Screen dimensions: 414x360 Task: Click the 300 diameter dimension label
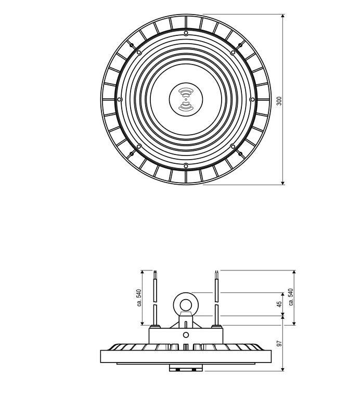[x=279, y=101]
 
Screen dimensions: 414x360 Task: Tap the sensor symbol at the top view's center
[x=186, y=99]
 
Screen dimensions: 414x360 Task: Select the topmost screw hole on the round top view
[x=186, y=33]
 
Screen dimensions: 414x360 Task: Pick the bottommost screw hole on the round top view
[x=186, y=165]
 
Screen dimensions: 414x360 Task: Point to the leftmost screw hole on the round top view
[x=120, y=99]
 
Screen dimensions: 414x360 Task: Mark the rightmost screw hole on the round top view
[x=252, y=99]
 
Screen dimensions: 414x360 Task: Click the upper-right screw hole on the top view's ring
[x=233, y=53]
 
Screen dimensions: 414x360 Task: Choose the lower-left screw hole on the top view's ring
[x=139, y=146]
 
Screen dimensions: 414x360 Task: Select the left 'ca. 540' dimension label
[x=138, y=298]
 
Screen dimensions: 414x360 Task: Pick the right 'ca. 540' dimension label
[x=291, y=298]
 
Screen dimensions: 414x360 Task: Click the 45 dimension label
[x=279, y=303]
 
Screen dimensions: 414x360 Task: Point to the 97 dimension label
[x=279, y=344]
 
